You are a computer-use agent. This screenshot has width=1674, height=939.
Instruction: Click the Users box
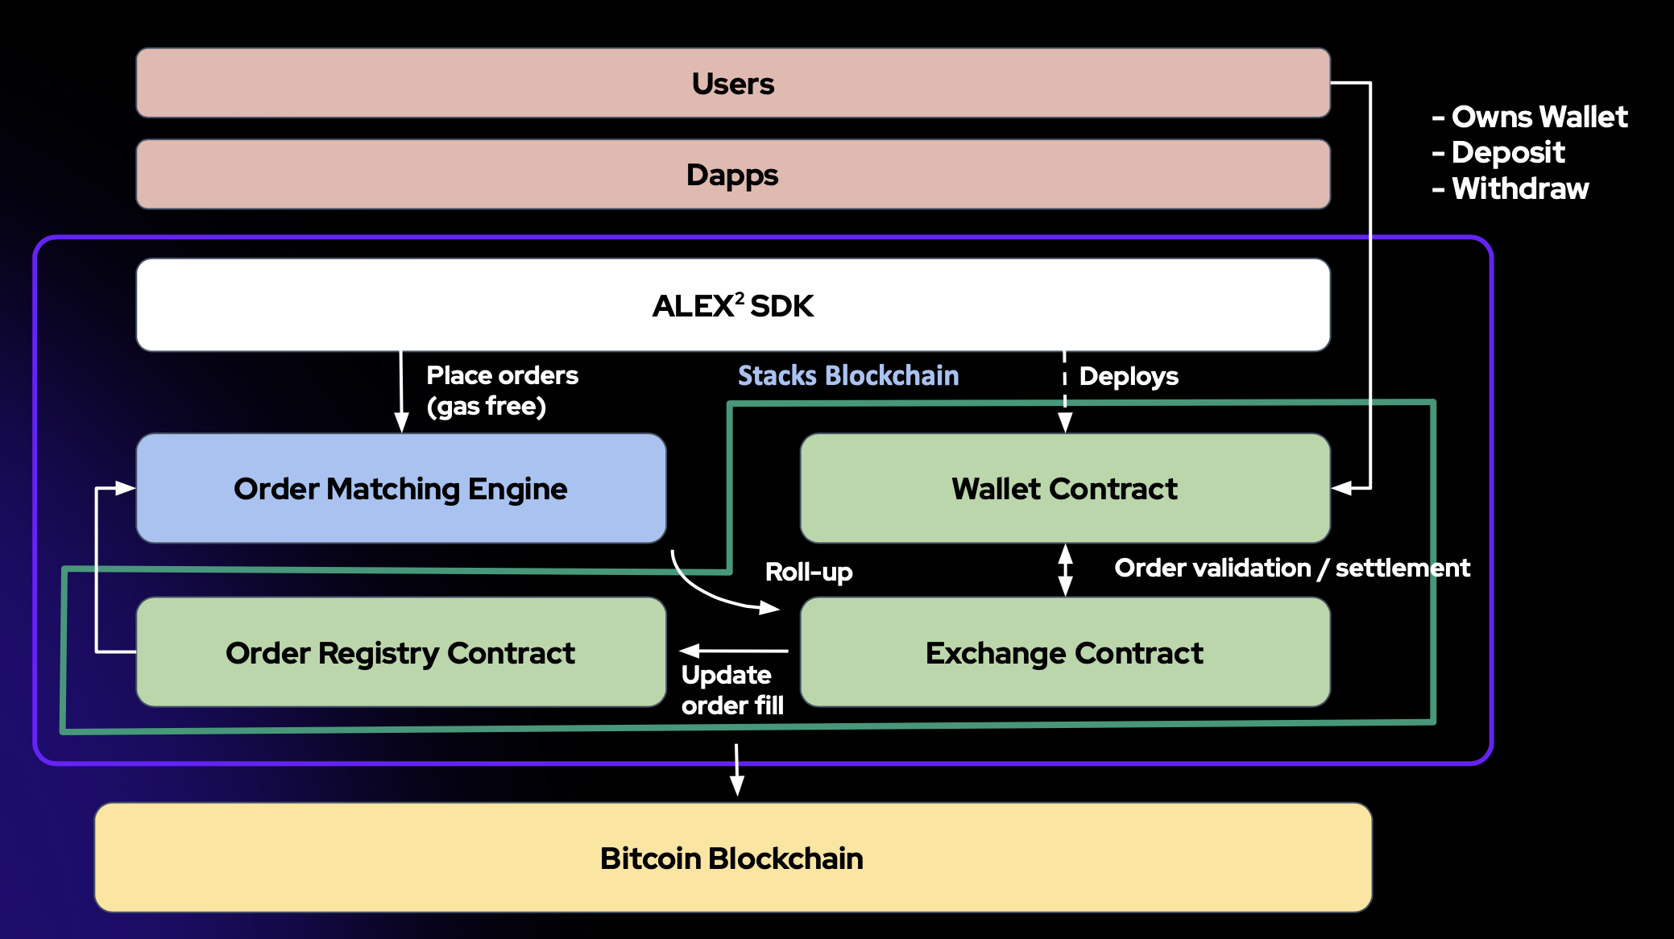pyautogui.click(x=732, y=83)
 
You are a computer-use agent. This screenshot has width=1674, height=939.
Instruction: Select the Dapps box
pyautogui.click(x=732, y=175)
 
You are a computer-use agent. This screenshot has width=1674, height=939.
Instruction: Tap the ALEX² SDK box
pyautogui.click(x=732, y=305)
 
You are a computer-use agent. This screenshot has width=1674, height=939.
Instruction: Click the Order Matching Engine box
pyautogui.click(x=400, y=489)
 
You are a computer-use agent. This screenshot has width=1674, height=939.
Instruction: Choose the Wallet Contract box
pyautogui.click(x=1064, y=489)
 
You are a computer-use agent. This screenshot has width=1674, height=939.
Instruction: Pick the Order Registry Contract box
pyautogui.click(x=400, y=652)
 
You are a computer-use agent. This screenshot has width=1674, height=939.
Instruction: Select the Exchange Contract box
pyautogui.click(x=1064, y=652)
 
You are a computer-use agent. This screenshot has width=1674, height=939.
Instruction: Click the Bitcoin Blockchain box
pyautogui.click(x=732, y=858)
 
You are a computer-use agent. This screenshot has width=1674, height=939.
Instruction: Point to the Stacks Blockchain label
pyautogui.click(x=848, y=375)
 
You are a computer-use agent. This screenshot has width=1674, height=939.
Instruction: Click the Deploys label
pyautogui.click(x=1128, y=376)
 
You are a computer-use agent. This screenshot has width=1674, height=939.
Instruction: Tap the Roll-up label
pyautogui.click(x=809, y=572)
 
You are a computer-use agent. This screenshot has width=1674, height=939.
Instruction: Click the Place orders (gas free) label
pyautogui.click(x=501, y=391)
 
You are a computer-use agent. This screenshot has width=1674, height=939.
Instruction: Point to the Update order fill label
pyautogui.click(x=731, y=690)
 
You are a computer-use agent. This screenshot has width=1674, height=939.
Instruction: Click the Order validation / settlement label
pyautogui.click(x=1291, y=568)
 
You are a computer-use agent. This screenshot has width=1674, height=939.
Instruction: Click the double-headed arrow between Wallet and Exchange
pyautogui.click(x=1065, y=570)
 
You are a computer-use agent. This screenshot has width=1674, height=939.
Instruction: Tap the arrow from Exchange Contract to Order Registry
pyautogui.click(x=733, y=650)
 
